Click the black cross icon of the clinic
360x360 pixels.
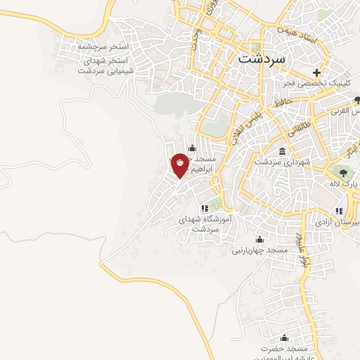coord(317,72)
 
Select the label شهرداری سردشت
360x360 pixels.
coord(283,162)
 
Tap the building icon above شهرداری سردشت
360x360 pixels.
coord(282,152)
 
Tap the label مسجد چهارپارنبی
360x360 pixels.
coord(260,249)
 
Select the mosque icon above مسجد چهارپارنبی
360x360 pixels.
coord(260,238)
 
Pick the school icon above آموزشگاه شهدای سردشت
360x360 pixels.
coord(205,208)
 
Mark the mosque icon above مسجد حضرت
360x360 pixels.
coord(285,338)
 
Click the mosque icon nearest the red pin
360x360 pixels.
coord(191,148)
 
